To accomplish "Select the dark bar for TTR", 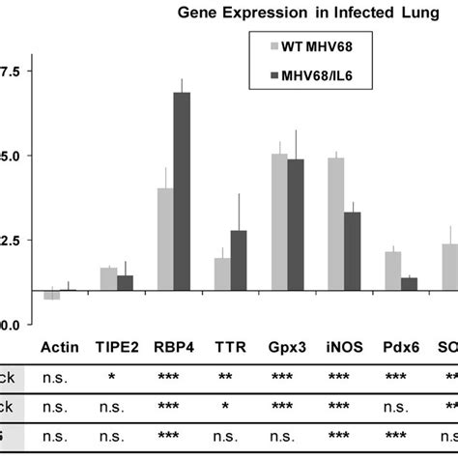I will tap(239, 260).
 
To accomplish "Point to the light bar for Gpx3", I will tap(279, 222).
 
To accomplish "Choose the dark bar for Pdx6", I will tap(409, 284).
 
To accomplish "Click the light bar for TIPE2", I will tap(108, 279).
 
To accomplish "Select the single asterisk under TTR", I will tap(230, 408).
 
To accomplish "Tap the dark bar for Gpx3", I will tap(296, 224).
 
